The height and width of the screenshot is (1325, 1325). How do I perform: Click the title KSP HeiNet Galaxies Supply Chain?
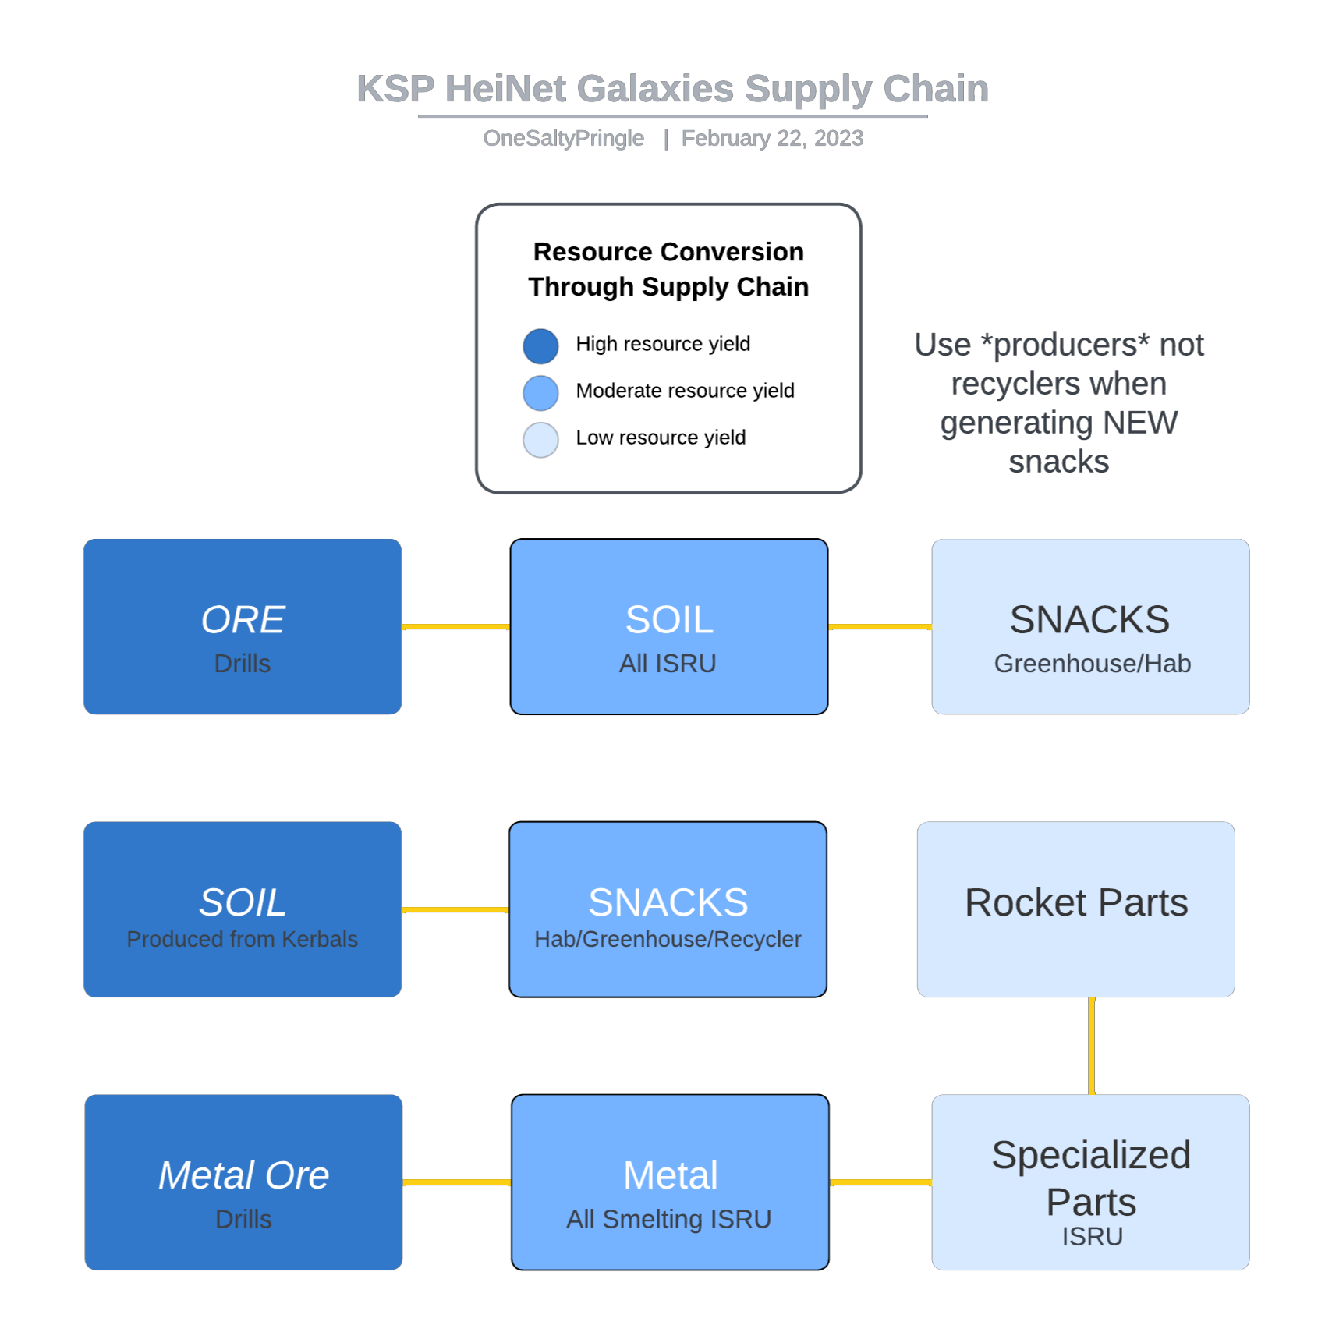coord(672,89)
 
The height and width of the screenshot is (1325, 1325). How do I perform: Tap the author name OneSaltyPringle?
coord(564,138)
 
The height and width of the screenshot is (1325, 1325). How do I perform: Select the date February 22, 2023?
coord(772,138)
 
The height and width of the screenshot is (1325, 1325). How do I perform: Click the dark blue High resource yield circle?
coord(540,346)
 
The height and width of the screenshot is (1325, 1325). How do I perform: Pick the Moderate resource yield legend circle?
coord(540,393)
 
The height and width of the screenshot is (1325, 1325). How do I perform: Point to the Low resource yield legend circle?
coord(540,440)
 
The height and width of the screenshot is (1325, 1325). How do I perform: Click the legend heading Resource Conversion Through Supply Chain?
coord(668,269)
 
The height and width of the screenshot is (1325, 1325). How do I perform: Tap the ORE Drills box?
coord(243,626)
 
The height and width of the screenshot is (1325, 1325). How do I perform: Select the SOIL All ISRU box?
coord(669,626)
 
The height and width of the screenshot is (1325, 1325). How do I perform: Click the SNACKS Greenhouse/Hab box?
coord(1090,626)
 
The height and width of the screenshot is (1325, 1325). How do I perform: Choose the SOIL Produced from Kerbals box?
coord(243,909)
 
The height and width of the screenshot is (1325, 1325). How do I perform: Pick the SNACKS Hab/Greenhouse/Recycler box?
coord(668,909)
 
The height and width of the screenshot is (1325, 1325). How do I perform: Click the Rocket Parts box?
coord(1076,909)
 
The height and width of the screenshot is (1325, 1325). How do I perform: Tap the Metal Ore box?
coord(243,1182)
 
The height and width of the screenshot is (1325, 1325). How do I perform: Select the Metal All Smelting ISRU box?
coord(670,1182)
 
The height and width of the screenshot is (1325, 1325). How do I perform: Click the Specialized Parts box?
coord(1090,1182)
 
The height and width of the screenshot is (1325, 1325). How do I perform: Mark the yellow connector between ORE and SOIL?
coord(456,626)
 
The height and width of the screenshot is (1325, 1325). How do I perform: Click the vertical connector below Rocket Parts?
coord(1091,1046)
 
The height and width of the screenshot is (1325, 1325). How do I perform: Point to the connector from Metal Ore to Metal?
coord(457,1182)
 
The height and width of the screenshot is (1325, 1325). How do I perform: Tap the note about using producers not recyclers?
coord(1059,402)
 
